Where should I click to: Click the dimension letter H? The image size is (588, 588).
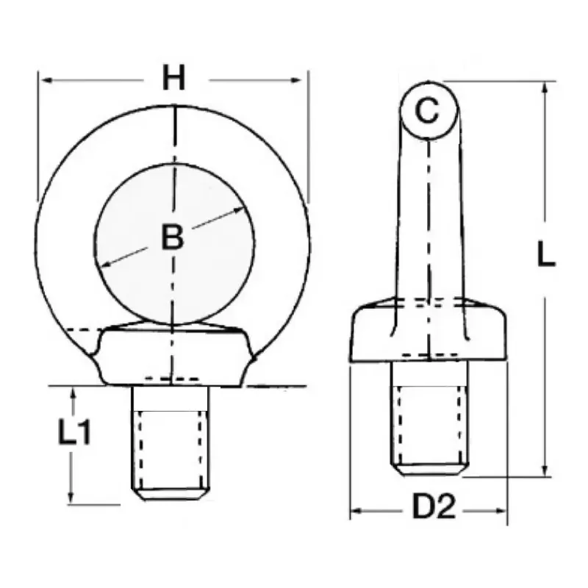coord(174,78)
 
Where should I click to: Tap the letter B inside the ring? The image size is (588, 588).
coord(173,237)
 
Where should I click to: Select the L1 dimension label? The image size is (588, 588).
coord(75,431)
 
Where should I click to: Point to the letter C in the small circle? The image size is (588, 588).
coord(427,111)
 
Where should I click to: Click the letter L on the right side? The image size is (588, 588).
coord(546,254)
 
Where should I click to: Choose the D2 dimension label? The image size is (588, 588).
coord(434,506)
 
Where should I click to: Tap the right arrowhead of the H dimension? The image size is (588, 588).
coord(296,80)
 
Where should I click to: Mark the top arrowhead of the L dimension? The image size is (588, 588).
coord(545,88)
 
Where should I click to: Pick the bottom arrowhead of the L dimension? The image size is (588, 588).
coord(545,470)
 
